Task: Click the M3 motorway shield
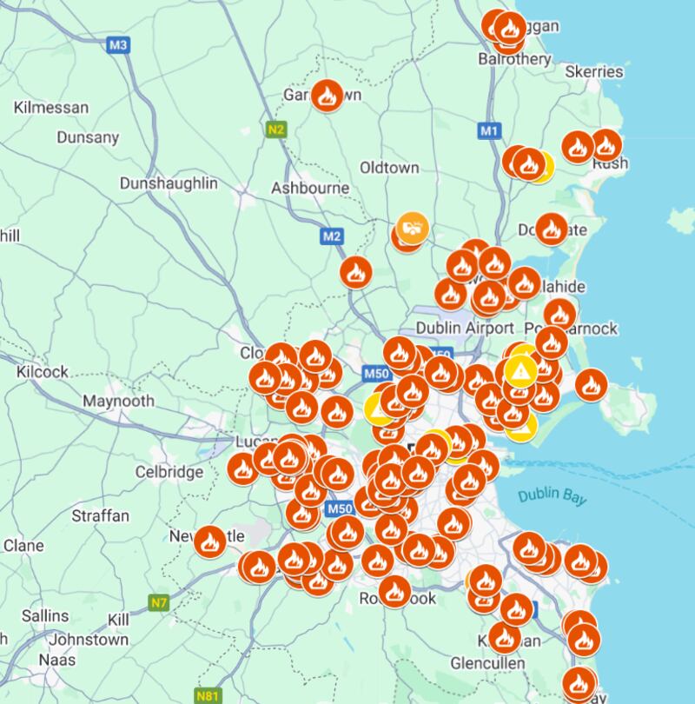119,45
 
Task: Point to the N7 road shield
158,602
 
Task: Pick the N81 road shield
208,696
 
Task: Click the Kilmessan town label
51,108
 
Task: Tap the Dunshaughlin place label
169,184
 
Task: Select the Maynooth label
118,402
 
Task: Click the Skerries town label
594,71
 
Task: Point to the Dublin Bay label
552,496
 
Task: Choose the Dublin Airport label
465,329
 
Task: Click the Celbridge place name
169,472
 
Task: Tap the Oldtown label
389,168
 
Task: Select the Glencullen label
487,663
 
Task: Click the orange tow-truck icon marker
413,229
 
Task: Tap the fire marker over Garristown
327,95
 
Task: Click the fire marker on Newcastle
209,541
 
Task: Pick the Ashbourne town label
310,189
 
